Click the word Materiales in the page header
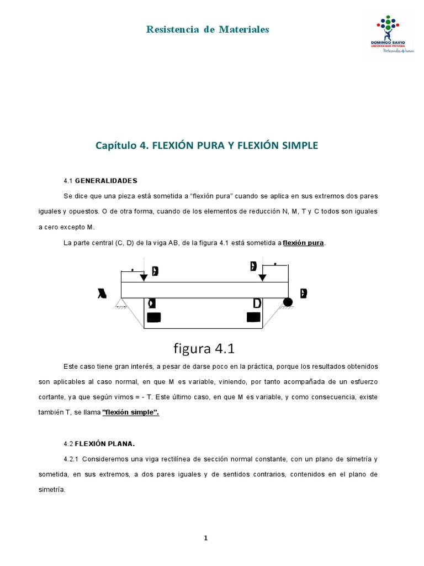coord(243,29)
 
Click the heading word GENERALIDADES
coord(106,181)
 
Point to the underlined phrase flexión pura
coord(303,243)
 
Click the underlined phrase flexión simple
coord(131,413)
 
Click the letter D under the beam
coord(257,303)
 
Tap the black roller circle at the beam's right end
coord(288,302)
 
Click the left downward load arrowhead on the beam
coord(144,277)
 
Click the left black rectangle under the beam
coord(154,317)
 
